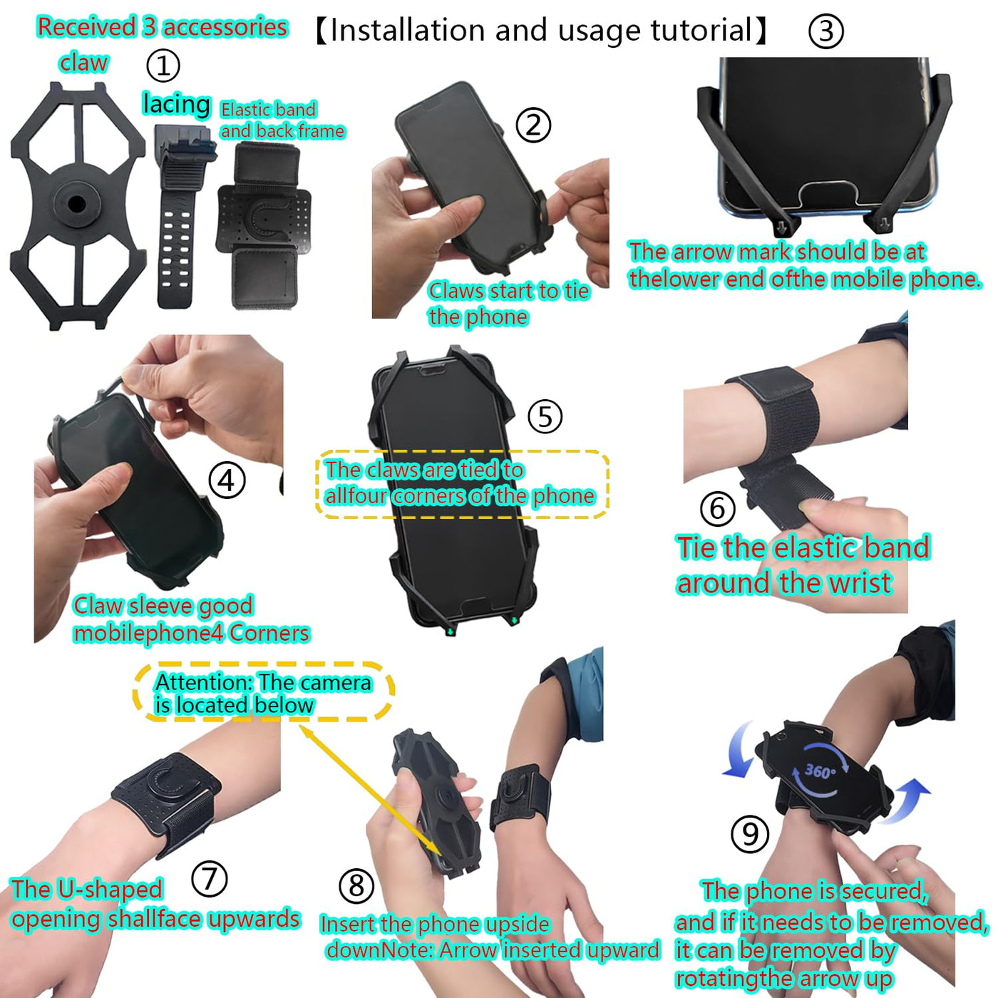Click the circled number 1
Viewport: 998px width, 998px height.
(163, 66)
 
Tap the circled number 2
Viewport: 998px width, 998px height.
(533, 125)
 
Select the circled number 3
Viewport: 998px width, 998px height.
(825, 31)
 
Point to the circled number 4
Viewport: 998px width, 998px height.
(227, 480)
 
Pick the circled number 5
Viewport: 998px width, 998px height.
(545, 416)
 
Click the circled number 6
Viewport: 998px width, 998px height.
(717, 508)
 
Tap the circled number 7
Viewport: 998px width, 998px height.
(210, 878)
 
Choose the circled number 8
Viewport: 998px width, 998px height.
(356, 885)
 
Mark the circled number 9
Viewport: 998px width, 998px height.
(750, 833)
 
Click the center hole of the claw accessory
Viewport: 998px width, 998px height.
(77, 204)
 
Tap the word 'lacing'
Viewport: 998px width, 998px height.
(177, 104)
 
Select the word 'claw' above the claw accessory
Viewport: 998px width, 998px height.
(83, 63)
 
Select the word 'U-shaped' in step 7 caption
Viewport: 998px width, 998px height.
(110, 889)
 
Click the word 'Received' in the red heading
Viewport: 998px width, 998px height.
(86, 27)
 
